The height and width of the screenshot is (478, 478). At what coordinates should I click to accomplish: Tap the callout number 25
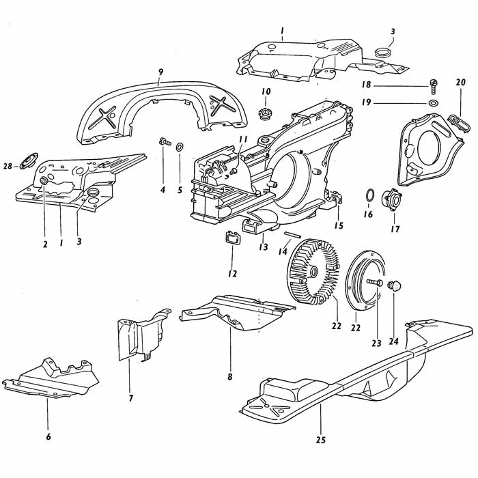pyautogui.click(x=321, y=440)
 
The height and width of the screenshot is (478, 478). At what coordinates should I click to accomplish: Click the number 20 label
pyautogui.click(x=460, y=83)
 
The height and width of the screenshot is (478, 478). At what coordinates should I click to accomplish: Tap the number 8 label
pyautogui.click(x=230, y=377)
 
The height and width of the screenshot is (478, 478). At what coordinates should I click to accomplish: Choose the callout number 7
pyautogui.click(x=131, y=398)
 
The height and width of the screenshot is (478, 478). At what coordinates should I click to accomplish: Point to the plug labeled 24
pyautogui.click(x=393, y=285)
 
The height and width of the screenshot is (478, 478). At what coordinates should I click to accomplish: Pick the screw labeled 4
pyautogui.click(x=165, y=142)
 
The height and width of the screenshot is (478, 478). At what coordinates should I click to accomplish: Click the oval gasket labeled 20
pyautogui.click(x=462, y=124)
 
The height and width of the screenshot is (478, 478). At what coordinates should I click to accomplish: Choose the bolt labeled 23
pyautogui.click(x=374, y=281)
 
